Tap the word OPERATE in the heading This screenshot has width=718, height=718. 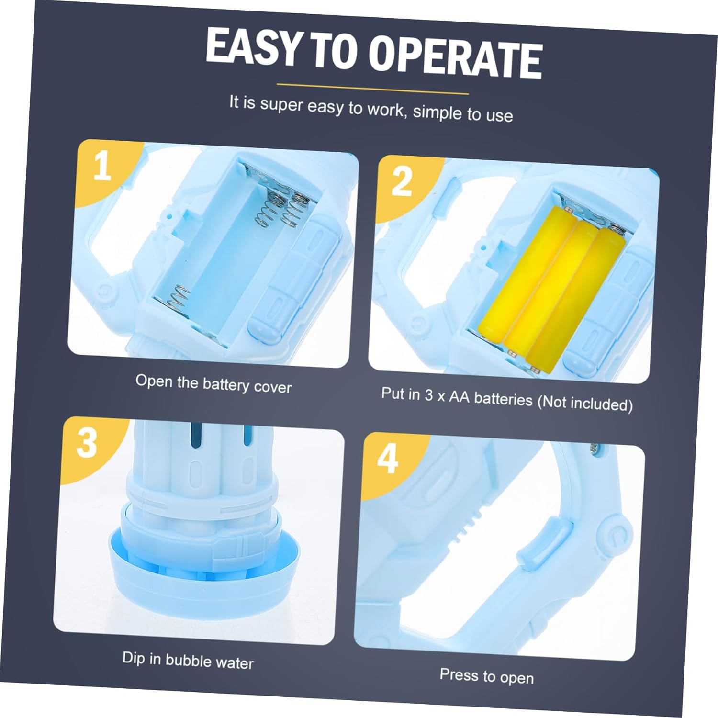pos(455,57)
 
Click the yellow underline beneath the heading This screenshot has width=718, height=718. pos(372,89)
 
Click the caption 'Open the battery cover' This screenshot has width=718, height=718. pos(213,383)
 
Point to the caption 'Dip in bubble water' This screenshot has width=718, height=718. pos(188,660)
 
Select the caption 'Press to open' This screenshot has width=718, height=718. pos(486,676)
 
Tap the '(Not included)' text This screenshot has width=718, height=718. pos(585,403)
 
